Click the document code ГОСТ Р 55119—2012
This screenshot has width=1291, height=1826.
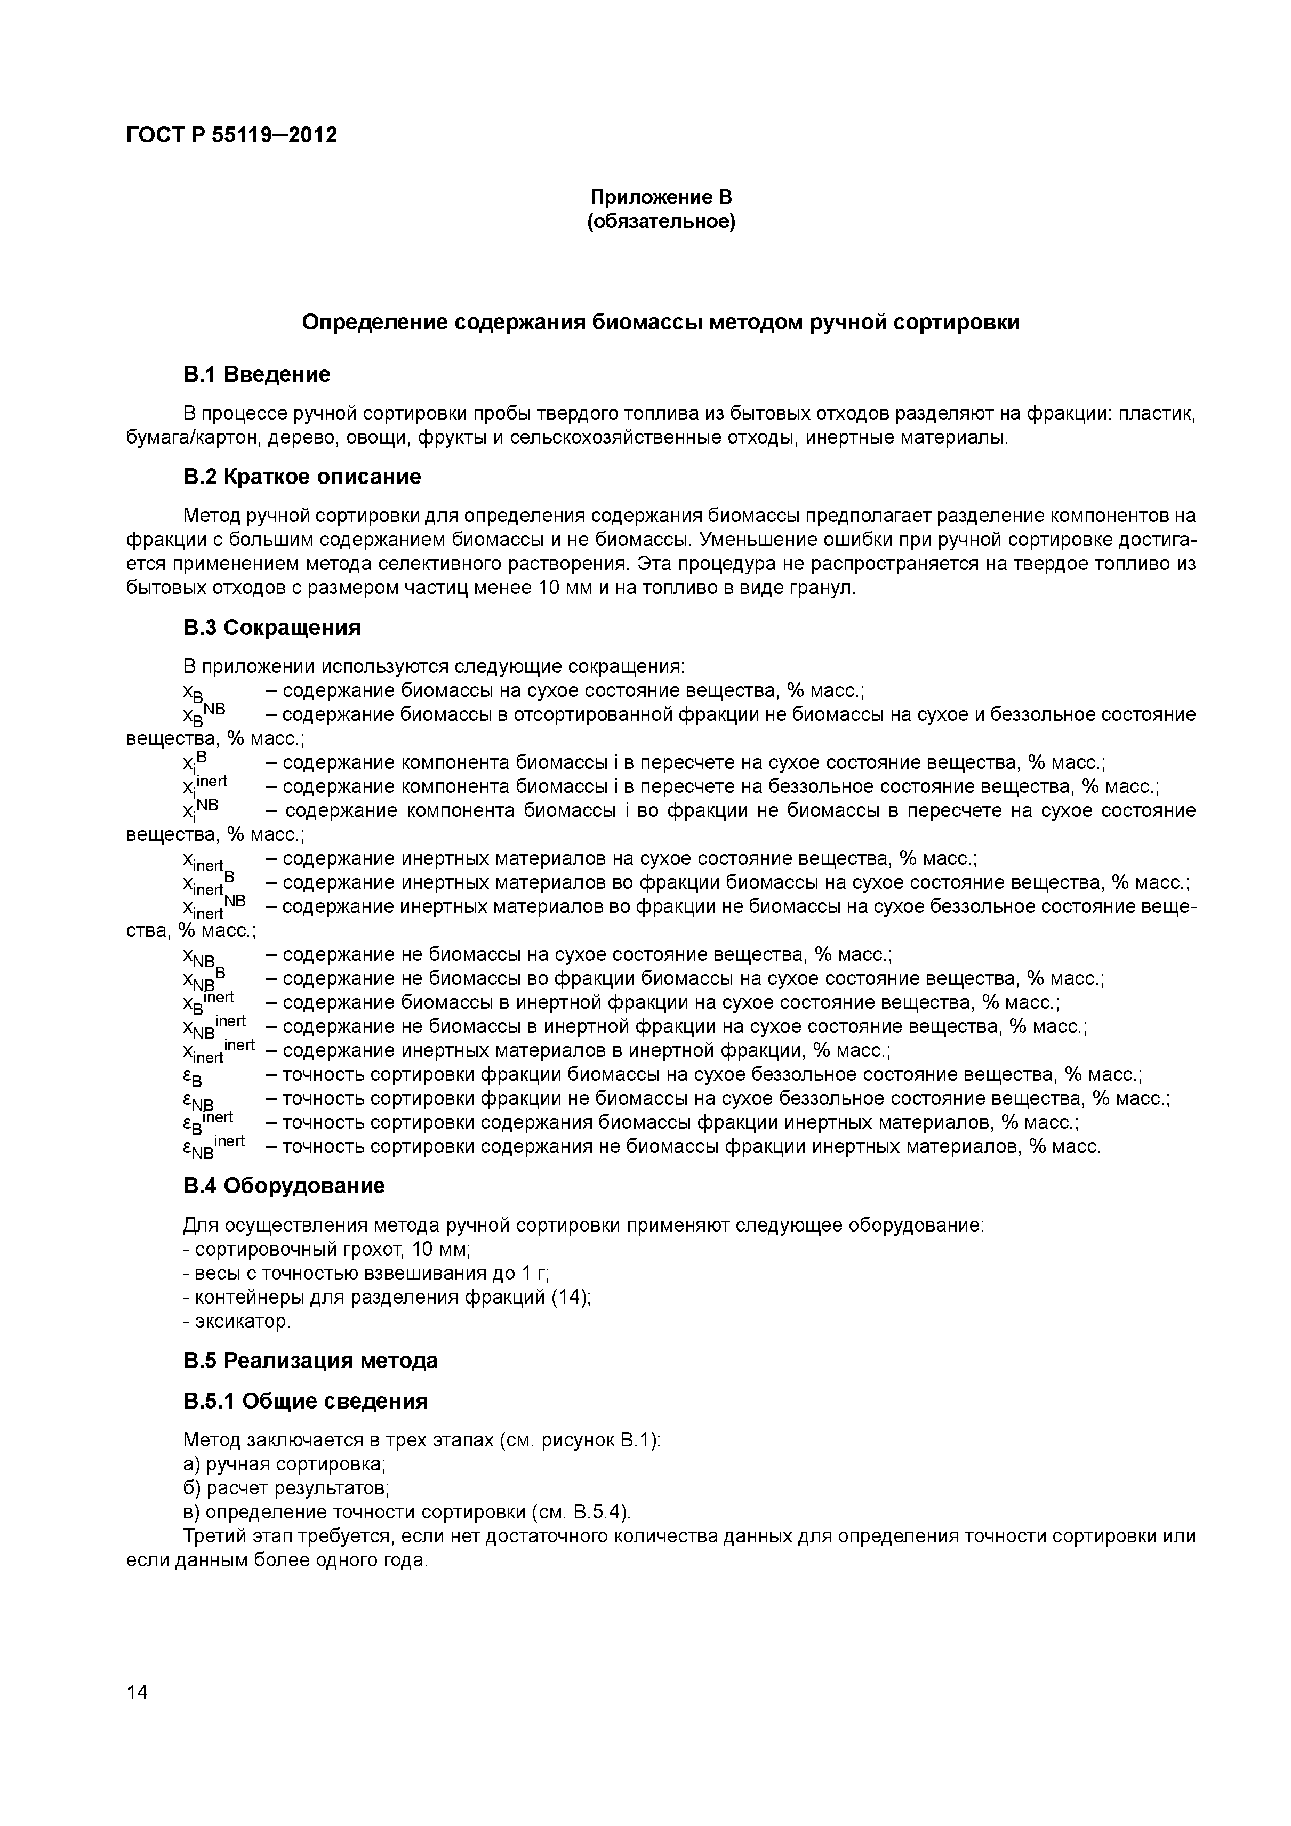pos(231,135)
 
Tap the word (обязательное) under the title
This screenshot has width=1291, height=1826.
pos(661,221)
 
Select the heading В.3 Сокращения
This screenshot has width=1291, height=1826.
pos(271,628)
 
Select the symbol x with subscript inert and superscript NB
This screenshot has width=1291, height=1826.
pos(213,907)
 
